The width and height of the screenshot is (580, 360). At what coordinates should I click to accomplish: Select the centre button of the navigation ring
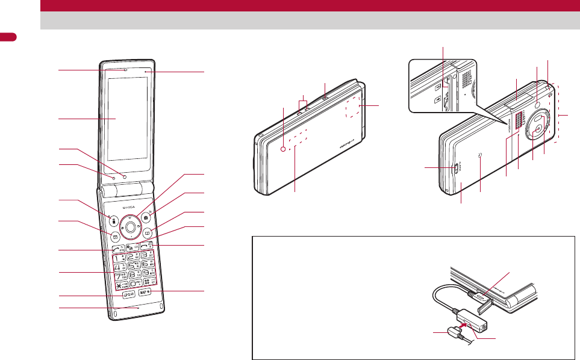click(x=130, y=227)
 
